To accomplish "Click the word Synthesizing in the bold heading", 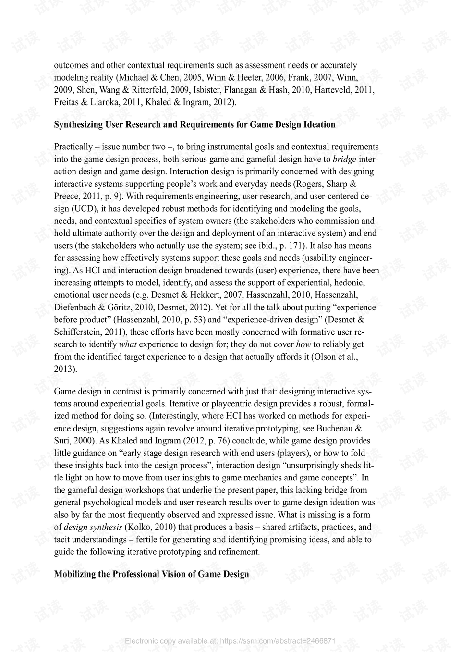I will pyautogui.click(x=77, y=125).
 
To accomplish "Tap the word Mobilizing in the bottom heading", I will pyautogui.click(x=75, y=574).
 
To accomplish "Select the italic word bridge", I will pyautogui.click(x=344, y=159).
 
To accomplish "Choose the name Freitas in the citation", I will pyautogui.click(x=67, y=102).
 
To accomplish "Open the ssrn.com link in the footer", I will pyautogui.click(x=279, y=641).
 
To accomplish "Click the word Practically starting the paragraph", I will pyautogui.click(x=73, y=147).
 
